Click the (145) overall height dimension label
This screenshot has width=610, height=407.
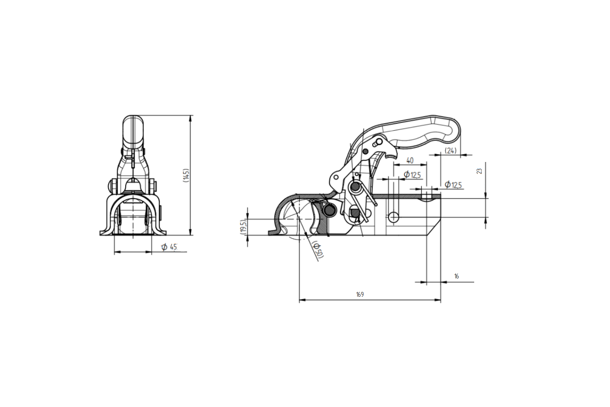(186, 175)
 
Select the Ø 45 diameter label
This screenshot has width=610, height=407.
(169, 247)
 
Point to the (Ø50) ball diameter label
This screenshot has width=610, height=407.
(318, 249)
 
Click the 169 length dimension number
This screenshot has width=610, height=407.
(360, 294)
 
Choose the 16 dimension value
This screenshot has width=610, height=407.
(457, 276)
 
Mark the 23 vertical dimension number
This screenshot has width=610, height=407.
(479, 171)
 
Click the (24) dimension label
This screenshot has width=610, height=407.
(451, 151)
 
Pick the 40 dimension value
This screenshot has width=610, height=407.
(410, 161)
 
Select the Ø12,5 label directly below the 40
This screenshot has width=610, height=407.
(412, 175)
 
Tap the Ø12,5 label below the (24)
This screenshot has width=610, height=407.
(453, 184)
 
